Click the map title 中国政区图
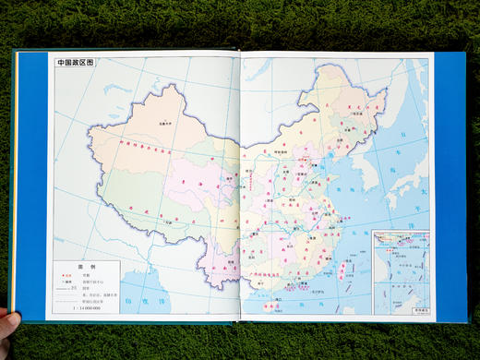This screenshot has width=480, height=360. (x=76, y=64)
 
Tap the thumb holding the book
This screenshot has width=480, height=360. (x=8, y=322)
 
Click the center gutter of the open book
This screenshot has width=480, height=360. (x=239, y=185)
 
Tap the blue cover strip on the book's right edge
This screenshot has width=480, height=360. (x=450, y=185)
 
